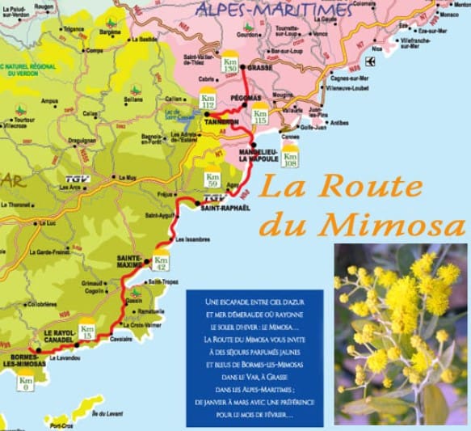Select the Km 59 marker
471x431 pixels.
pyautogui.click(x=213, y=180)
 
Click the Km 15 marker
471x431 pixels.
pyautogui.click(x=88, y=332)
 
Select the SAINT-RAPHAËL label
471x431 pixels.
pyautogui.click(x=221, y=208)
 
